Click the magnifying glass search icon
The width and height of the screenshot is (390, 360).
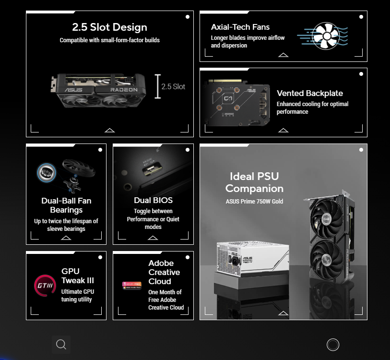point(61,345)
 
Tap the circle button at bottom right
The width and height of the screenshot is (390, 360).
point(333,345)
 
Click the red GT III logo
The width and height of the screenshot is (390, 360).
point(45,286)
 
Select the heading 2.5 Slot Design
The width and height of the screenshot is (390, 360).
point(110,27)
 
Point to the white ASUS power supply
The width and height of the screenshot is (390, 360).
point(252,258)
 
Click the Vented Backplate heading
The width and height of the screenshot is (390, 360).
point(310,93)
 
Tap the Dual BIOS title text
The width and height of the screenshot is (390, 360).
point(153,200)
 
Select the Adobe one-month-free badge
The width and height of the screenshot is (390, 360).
point(132,285)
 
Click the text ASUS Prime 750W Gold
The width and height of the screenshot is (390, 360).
point(254,201)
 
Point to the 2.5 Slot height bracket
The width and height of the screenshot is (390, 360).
point(158,86)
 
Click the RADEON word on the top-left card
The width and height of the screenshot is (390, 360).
point(124,90)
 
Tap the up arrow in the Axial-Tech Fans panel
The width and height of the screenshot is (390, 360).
point(284,55)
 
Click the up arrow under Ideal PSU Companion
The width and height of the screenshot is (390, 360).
point(284,313)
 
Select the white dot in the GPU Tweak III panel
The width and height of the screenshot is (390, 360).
point(100,257)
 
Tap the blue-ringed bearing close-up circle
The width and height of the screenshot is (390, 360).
point(47,172)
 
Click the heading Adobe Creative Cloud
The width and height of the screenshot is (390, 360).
point(164,272)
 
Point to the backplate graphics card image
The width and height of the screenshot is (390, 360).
point(237,103)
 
